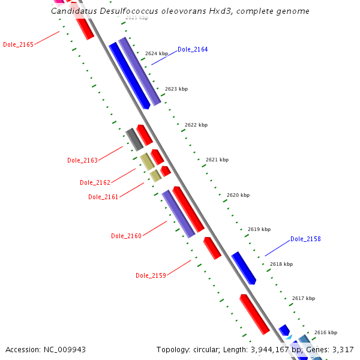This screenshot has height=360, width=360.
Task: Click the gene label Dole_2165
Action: coord(18,44)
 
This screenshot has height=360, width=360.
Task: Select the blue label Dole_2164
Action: coord(193,49)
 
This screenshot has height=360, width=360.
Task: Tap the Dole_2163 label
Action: coord(82,160)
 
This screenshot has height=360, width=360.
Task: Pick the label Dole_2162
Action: coord(95,182)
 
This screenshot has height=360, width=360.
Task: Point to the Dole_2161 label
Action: coord(103,197)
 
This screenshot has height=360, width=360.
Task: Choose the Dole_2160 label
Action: coord(126,236)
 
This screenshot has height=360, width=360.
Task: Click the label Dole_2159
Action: coord(151,275)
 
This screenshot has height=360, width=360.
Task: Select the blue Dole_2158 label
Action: coord(305,239)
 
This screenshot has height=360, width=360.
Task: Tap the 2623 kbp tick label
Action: coord(176,89)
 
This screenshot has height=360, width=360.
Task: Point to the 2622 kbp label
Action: coord(196,125)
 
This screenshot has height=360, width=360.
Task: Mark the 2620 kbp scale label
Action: coord(238,195)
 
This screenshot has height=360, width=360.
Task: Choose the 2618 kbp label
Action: coord(281,264)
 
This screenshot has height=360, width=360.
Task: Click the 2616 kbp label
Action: coord(326,332)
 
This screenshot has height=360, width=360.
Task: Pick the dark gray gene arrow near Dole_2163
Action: coord(134,139)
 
